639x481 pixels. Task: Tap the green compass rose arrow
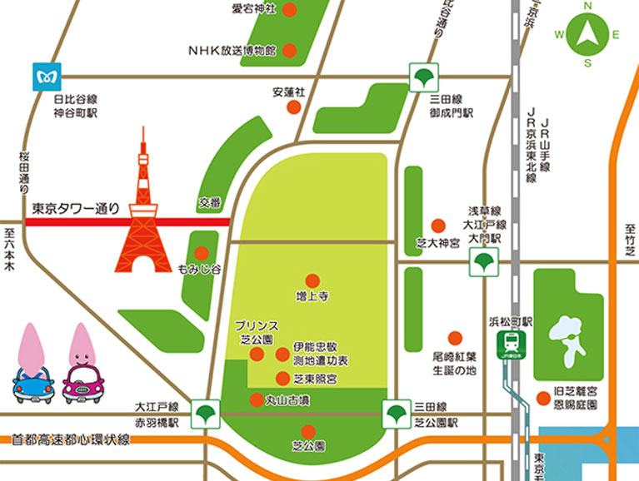point(587,34)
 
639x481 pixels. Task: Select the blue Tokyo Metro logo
point(44,77)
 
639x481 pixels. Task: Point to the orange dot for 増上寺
point(312,280)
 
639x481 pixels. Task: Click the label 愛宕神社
point(255,10)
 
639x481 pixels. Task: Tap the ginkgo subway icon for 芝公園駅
point(395,411)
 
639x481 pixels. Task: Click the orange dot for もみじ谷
point(201,253)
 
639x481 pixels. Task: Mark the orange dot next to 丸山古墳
point(256,399)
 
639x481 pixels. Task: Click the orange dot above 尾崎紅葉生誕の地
point(455,338)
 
